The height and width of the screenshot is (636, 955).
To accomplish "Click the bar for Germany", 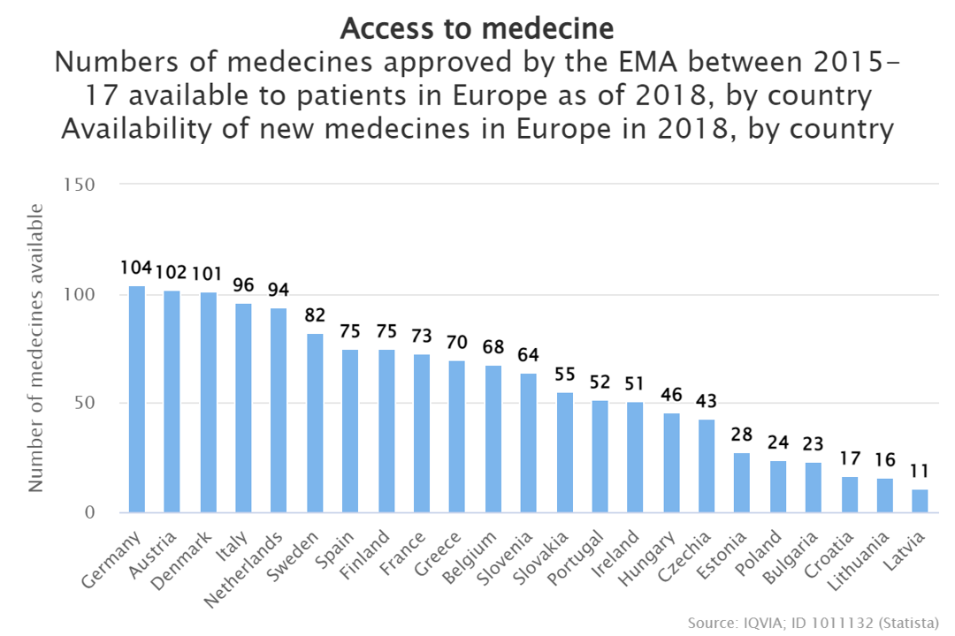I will [x=137, y=399].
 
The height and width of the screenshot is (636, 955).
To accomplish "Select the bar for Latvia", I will [x=921, y=501].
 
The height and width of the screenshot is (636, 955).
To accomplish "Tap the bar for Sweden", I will [x=315, y=423].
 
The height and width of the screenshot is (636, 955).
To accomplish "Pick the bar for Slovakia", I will [x=564, y=452].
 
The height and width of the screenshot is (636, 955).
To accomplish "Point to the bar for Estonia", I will [x=742, y=482].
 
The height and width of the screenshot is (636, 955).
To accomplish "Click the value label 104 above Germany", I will [x=137, y=269].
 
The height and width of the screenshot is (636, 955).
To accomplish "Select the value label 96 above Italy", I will [x=243, y=285].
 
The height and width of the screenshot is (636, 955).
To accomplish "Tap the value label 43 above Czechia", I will [x=707, y=401].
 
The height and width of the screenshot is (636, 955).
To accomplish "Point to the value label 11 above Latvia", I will [x=921, y=471].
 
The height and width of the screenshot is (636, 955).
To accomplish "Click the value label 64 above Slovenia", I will [x=528, y=355].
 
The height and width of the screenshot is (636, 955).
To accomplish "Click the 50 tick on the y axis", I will [x=86, y=404].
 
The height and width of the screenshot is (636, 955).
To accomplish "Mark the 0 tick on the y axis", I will [x=91, y=512].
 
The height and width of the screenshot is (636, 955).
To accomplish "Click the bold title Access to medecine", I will [x=477, y=28].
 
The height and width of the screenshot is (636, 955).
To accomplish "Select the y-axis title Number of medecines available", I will [x=35, y=348].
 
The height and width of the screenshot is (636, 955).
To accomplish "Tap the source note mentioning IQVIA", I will [x=813, y=623].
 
